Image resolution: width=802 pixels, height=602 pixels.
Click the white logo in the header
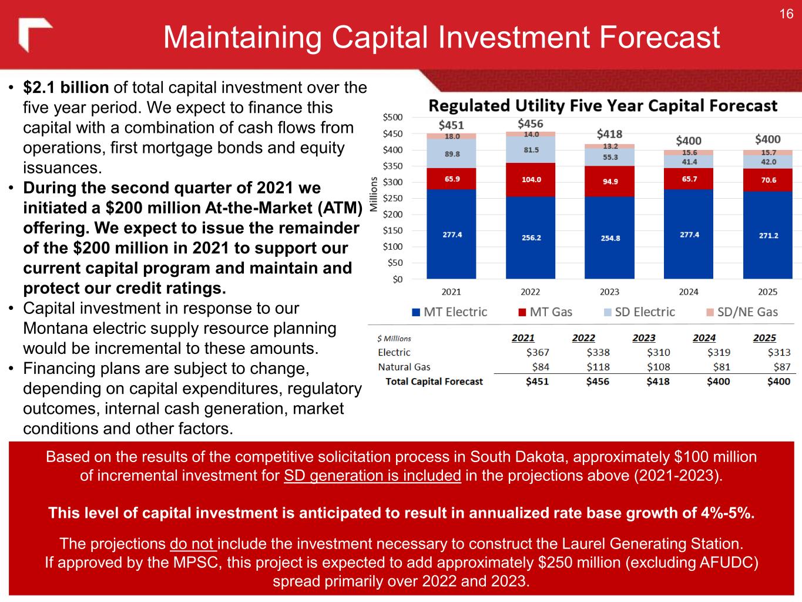(34, 35)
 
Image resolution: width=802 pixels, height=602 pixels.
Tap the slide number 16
(786, 14)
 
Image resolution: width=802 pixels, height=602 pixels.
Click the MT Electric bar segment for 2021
(451, 234)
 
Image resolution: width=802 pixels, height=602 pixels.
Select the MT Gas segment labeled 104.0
(531, 179)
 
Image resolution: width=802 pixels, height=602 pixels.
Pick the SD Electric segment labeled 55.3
(609, 157)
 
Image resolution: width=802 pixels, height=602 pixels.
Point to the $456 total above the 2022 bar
(530, 123)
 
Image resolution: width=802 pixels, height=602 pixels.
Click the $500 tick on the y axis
(392, 118)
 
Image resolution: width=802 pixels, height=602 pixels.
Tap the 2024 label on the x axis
(689, 292)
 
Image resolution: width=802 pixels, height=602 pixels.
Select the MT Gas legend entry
(545, 312)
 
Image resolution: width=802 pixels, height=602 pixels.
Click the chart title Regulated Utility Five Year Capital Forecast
(603, 106)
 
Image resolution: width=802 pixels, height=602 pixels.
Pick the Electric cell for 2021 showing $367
(537, 352)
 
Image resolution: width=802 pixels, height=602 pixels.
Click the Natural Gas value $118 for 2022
(598, 367)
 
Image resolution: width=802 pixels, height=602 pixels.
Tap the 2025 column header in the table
(764, 338)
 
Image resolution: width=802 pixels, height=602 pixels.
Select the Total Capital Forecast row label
(434, 382)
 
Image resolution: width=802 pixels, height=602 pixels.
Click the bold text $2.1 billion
(66, 88)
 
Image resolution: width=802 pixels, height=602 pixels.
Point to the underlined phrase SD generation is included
(372, 476)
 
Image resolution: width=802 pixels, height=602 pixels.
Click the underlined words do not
(193, 543)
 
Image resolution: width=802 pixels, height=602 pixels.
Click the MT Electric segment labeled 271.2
(768, 235)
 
